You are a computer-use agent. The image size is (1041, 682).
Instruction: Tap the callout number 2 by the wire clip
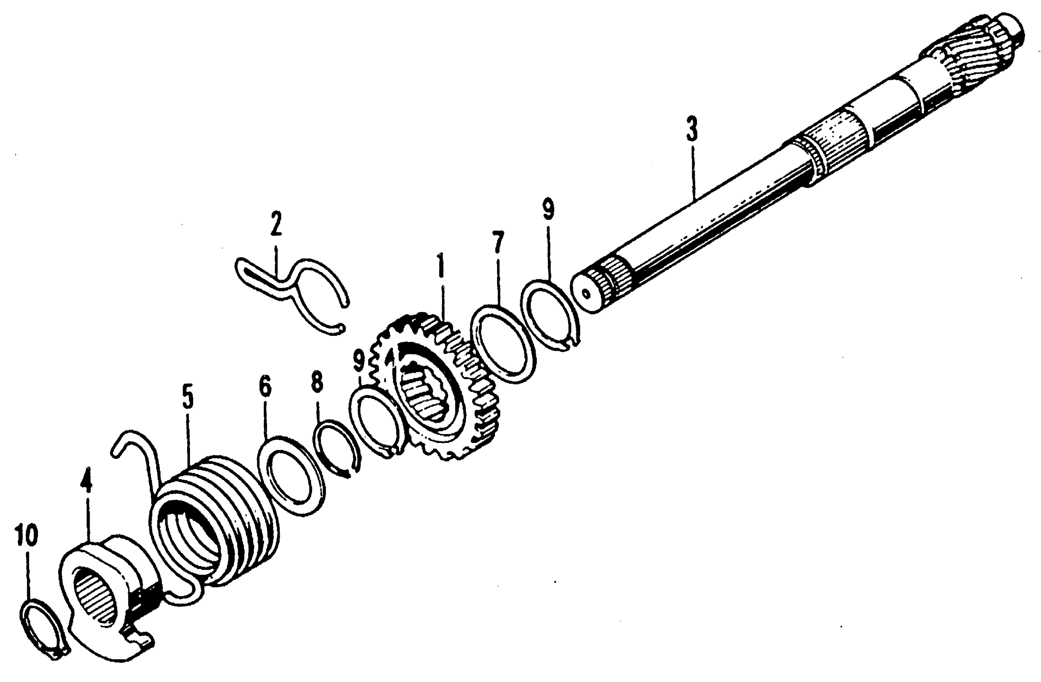tap(276, 223)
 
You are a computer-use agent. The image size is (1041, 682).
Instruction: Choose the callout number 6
tap(265, 386)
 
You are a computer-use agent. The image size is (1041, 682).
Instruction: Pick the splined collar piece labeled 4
tap(105, 603)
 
